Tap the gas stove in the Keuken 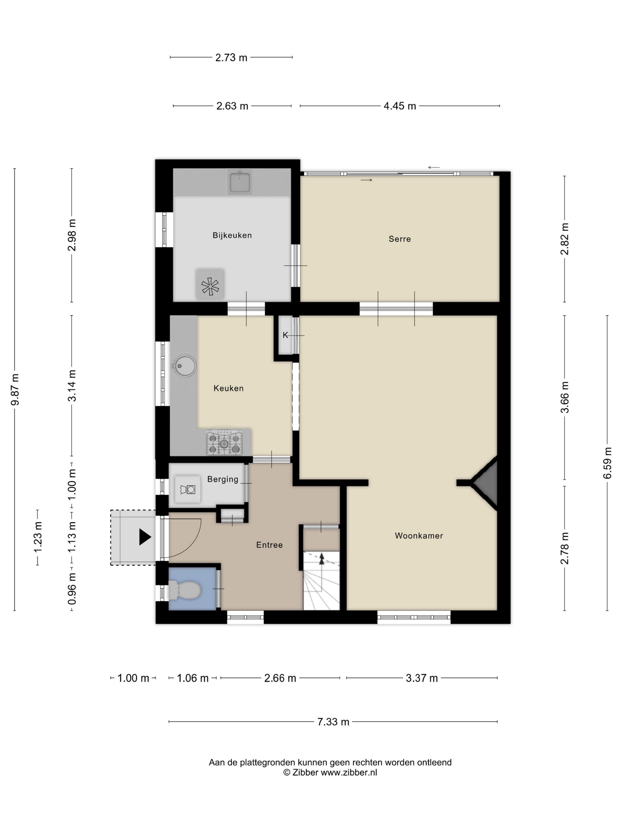(x=224, y=443)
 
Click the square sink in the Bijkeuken (x=240, y=182)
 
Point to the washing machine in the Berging (x=187, y=489)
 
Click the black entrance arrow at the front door (x=145, y=537)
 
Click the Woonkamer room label (x=419, y=536)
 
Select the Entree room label (x=269, y=545)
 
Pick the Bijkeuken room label (x=232, y=235)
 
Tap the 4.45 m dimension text (x=400, y=106)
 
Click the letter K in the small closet (x=285, y=335)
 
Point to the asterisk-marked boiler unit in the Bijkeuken (x=210, y=286)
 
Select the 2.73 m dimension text (x=231, y=58)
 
